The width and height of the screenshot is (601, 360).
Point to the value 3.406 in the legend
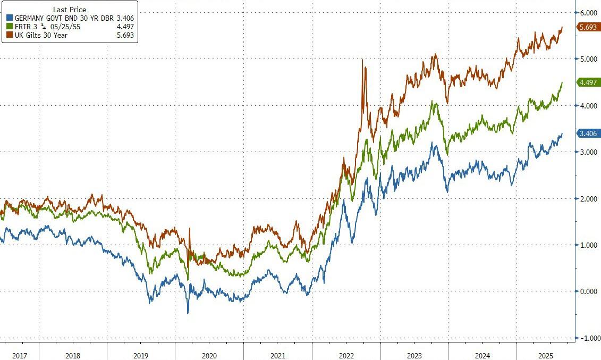pos(125,18)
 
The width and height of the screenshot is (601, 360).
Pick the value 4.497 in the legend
pos(125,27)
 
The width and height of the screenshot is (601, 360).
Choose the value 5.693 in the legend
pos(125,36)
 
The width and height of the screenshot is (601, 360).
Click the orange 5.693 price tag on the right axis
pos(588,27)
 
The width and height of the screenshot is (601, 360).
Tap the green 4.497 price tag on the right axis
pos(588,82)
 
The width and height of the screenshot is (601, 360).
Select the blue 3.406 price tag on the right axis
pos(588,133)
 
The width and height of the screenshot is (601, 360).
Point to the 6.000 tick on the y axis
pos(589,13)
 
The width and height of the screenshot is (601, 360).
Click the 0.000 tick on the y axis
pos(589,291)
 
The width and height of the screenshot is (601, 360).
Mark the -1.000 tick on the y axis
pos(588,338)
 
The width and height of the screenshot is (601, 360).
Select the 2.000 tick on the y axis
pos(589,199)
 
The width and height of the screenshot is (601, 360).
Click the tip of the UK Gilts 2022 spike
pos(362,60)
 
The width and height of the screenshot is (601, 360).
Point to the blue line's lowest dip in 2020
pos(188,313)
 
